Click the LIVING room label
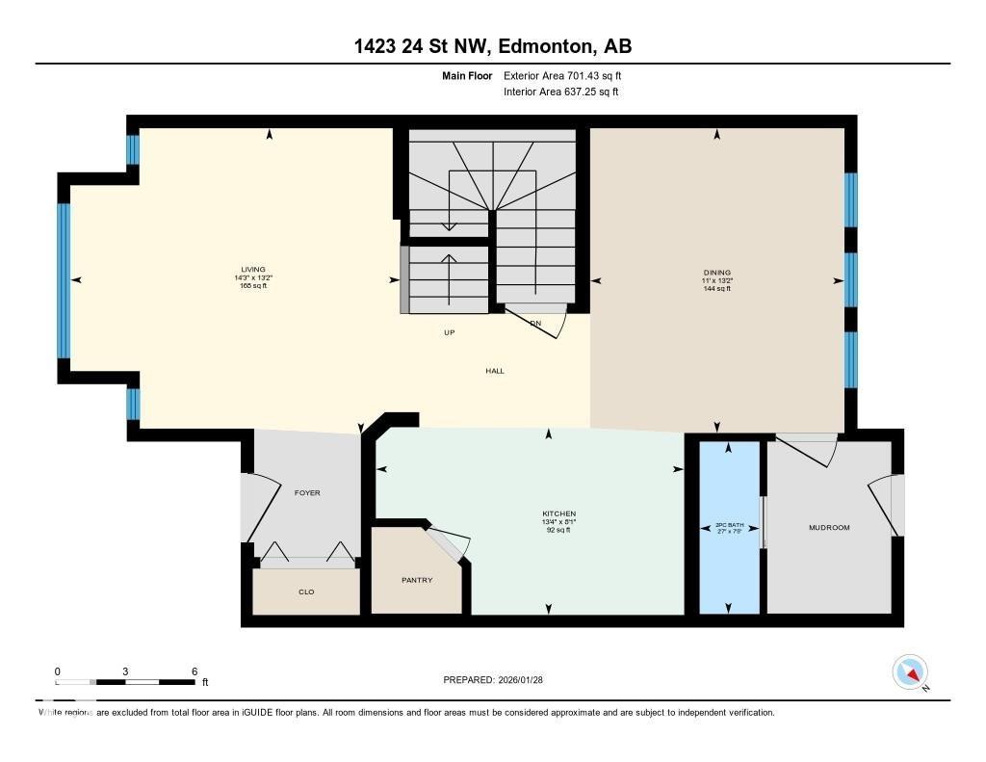pos(253,270)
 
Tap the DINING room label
pos(717,273)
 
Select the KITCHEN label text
pos(558,513)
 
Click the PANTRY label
pos(417,580)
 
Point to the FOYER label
pos(307,492)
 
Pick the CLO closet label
pos(307,591)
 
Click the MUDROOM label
pos(829,527)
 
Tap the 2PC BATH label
pos(727,527)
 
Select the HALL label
pos(495,371)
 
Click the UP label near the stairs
pos(449,332)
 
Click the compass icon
pos(910,671)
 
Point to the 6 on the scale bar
pos(195,671)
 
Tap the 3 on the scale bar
pos(126,671)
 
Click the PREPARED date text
pos(493,679)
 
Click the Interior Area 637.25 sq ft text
pos(559,92)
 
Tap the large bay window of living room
pos(65,279)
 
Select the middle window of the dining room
pos(850,279)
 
